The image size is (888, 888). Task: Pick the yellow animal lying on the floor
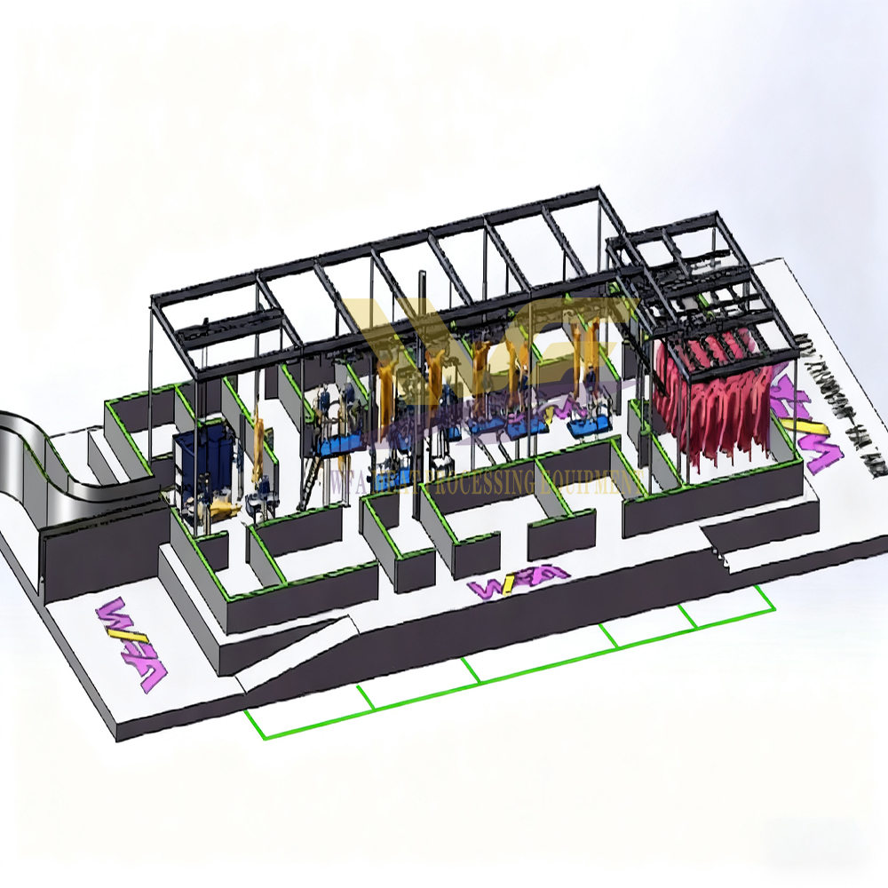tap(221, 508)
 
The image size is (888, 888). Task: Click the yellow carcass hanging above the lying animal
tap(258, 444)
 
